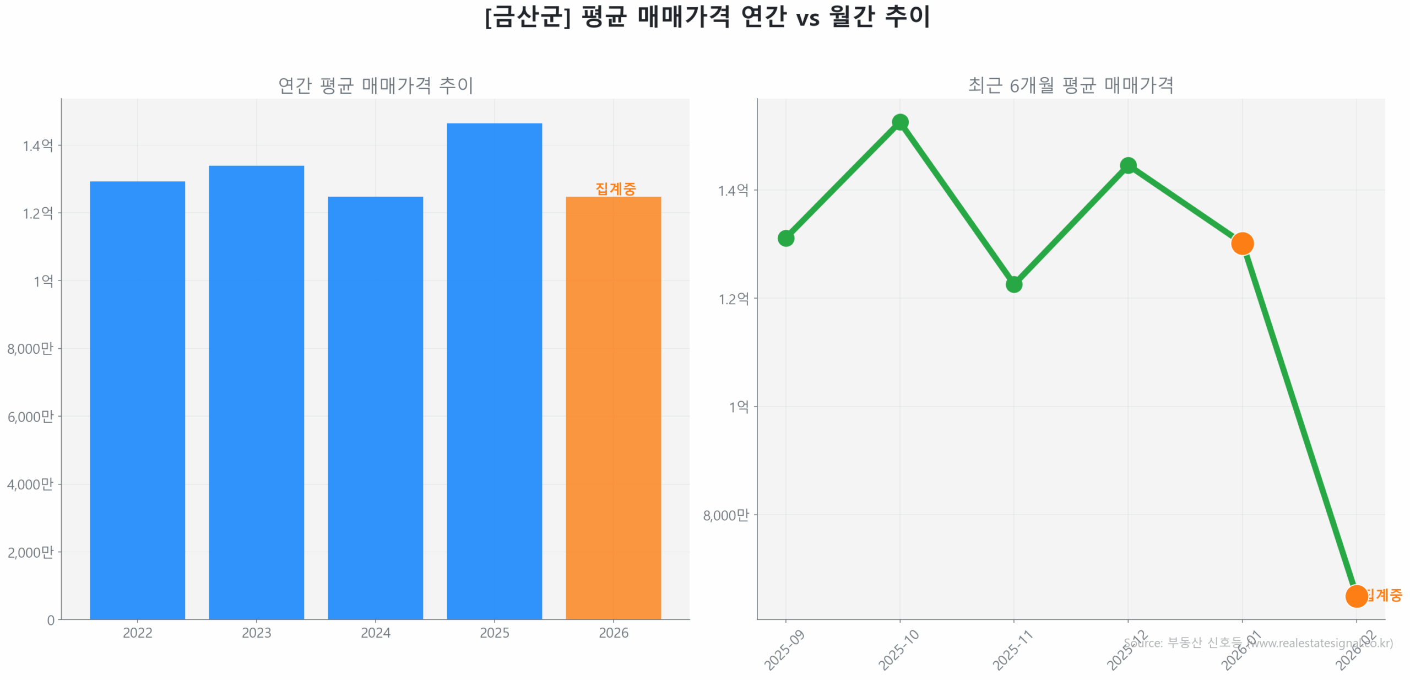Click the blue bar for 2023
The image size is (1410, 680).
(256, 391)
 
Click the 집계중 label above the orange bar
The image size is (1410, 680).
(615, 189)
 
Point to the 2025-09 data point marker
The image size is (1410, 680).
(786, 238)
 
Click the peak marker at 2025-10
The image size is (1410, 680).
(900, 122)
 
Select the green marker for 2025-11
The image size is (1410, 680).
(1014, 284)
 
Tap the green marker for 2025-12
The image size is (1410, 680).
(1128, 165)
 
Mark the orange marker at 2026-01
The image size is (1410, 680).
(1242, 243)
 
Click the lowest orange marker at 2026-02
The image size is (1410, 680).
(1356, 596)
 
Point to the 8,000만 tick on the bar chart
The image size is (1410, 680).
(30, 348)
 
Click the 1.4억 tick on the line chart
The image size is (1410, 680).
(733, 190)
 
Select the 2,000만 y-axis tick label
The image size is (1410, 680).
(30, 552)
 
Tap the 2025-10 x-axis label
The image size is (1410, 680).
(898, 650)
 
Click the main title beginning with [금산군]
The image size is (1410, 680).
(707, 17)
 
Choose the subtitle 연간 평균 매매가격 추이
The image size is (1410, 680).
(375, 85)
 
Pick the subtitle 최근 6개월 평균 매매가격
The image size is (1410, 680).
(1070, 85)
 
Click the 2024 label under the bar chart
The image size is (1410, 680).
(375, 633)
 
